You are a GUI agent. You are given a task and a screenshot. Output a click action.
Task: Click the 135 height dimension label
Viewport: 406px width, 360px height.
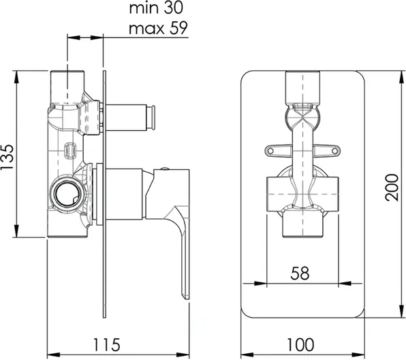pyautogui.click(x=7, y=157)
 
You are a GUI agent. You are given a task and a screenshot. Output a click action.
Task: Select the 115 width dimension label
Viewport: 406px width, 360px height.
pyautogui.click(x=106, y=345)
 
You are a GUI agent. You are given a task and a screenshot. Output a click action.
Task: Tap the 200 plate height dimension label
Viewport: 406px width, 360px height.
pyautogui.click(x=392, y=187)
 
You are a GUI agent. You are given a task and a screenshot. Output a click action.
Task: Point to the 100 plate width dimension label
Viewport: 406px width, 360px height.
pyautogui.click(x=300, y=345)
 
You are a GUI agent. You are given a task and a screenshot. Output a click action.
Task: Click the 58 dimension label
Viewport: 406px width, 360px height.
pyautogui.click(x=300, y=273)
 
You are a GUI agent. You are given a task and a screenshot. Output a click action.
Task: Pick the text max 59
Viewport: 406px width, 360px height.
pyautogui.click(x=158, y=28)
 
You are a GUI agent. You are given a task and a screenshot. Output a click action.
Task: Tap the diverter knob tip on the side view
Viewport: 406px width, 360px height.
pyautogui.click(x=153, y=117)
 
